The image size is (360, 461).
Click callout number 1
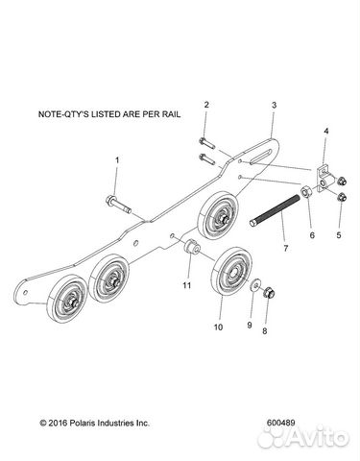pos(117,159)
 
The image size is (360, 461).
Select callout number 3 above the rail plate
pos(274,105)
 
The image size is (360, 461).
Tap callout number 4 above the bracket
pos(325,131)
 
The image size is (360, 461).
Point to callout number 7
pos(285,248)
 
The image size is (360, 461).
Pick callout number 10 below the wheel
pos(219,328)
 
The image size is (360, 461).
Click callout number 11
pos(187,285)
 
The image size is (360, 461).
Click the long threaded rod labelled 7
pos(275,210)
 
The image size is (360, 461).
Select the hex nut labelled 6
pos(305,191)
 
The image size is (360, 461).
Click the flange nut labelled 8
pos(270,292)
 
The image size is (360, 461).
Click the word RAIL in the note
pos(170,114)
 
